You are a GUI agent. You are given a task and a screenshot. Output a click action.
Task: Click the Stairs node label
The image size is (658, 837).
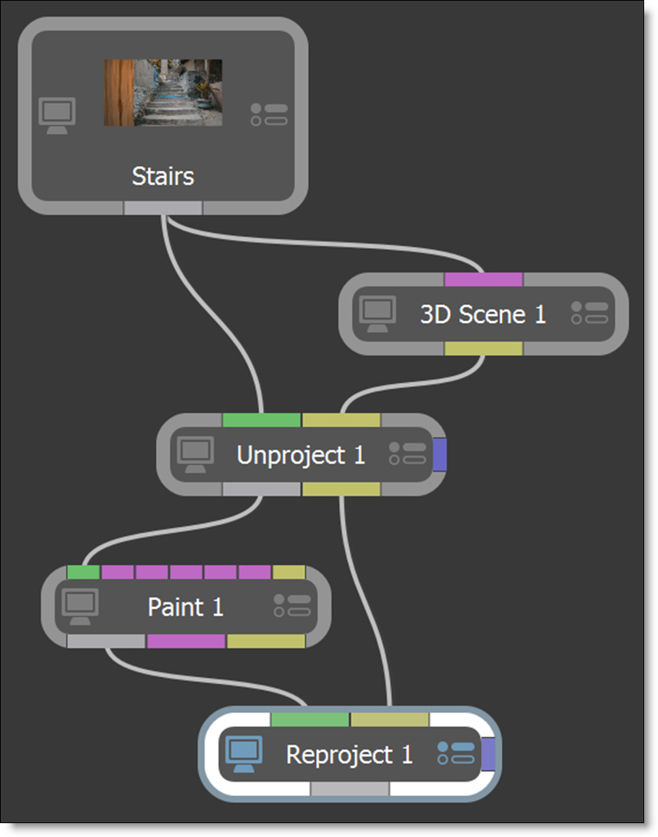(x=163, y=176)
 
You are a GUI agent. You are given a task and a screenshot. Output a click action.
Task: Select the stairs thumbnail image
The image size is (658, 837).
(x=163, y=92)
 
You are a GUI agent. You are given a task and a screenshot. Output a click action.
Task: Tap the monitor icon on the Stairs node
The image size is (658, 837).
(x=57, y=115)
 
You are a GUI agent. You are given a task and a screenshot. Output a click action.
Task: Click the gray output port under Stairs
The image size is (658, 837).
(x=163, y=208)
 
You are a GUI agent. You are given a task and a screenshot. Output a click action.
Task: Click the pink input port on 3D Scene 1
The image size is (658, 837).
(x=484, y=279)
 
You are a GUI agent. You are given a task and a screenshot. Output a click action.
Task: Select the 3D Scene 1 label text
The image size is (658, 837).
(x=483, y=314)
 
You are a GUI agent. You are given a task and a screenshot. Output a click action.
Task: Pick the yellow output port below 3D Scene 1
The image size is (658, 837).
(x=484, y=349)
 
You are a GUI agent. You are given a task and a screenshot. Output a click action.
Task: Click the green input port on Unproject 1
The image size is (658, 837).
(x=261, y=420)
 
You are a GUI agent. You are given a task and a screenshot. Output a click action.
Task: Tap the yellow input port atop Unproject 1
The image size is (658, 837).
(x=341, y=420)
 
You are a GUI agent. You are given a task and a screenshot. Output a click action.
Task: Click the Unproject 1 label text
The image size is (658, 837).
(x=301, y=455)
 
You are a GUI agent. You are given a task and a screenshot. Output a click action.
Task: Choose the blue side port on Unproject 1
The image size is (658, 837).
(x=439, y=455)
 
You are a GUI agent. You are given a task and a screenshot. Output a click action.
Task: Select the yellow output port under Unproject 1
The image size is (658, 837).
(x=341, y=489)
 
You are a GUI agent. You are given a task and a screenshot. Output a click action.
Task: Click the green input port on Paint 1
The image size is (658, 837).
(x=83, y=573)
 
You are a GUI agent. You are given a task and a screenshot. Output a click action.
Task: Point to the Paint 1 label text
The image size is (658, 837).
(x=185, y=607)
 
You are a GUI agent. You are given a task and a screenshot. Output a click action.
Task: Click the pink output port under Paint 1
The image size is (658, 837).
(x=186, y=641)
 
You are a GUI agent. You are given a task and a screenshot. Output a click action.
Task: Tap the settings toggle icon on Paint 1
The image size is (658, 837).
(x=292, y=606)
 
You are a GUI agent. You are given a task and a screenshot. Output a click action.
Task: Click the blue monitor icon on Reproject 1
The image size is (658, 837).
(x=244, y=754)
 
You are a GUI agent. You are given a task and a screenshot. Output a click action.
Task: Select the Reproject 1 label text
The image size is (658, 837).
(x=350, y=755)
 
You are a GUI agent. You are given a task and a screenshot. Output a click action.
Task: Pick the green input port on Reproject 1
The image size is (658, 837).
(x=310, y=719)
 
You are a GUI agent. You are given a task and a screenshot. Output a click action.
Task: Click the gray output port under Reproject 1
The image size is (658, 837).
(x=350, y=789)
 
